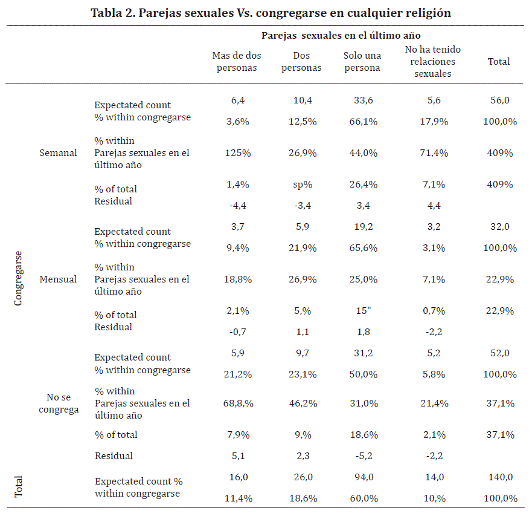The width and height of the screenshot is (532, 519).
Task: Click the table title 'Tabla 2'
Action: tap(271, 13)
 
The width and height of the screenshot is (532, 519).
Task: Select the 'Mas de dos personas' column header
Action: tap(237, 62)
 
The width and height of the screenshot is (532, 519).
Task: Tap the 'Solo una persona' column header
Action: tap(362, 62)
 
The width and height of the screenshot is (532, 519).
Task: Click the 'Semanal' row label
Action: tap(58, 153)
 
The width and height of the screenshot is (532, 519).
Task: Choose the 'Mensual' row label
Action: tap(58, 279)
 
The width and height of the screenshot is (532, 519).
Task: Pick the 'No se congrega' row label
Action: tap(58, 403)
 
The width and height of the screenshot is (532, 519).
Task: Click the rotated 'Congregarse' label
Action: tap(18, 278)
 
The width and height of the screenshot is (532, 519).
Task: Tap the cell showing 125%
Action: tap(238, 153)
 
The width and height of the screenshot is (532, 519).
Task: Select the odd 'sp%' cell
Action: tap(301, 184)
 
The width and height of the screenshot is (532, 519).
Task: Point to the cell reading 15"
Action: tap(364, 311)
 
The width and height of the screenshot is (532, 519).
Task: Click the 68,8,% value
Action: tap(238, 403)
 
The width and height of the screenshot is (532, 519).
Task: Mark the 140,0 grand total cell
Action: tap(500, 477)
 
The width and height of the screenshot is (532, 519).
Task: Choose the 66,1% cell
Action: tap(364, 122)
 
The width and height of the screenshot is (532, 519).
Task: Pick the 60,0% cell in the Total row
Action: tap(364, 498)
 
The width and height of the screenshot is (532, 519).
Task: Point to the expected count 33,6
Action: tap(364, 100)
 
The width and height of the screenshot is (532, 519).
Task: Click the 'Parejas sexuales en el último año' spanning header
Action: tap(341, 36)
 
